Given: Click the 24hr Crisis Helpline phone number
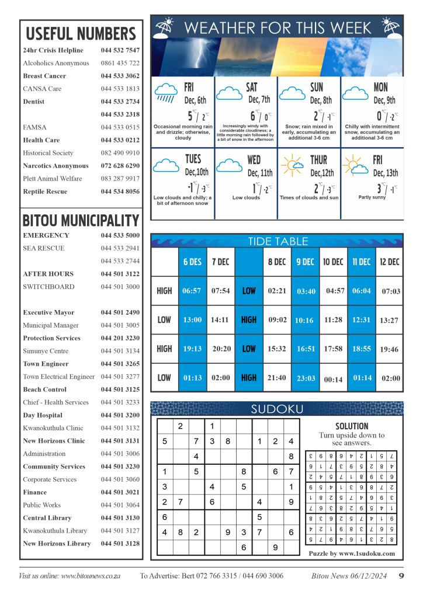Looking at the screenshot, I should [x=120, y=50].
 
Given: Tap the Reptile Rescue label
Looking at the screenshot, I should [x=45, y=192].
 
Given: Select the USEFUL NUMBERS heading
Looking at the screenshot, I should [x=81, y=33].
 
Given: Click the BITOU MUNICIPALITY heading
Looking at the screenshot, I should [x=81, y=221].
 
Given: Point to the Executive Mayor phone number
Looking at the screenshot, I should [x=120, y=312].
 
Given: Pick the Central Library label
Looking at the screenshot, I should [x=47, y=518].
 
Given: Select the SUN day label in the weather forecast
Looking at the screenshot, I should [x=316, y=88].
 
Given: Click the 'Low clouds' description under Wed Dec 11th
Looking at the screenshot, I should [x=246, y=198].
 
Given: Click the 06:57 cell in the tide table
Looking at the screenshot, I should [x=192, y=290].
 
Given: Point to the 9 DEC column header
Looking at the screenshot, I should [x=305, y=262].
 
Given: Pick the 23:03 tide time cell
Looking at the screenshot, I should [x=305, y=378].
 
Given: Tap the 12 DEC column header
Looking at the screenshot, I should [x=389, y=262].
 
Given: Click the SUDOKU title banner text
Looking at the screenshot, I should [x=277, y=409].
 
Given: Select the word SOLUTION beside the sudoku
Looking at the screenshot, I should [x=352, y=426].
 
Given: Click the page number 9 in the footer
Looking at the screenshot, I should [x=401, y=576].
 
